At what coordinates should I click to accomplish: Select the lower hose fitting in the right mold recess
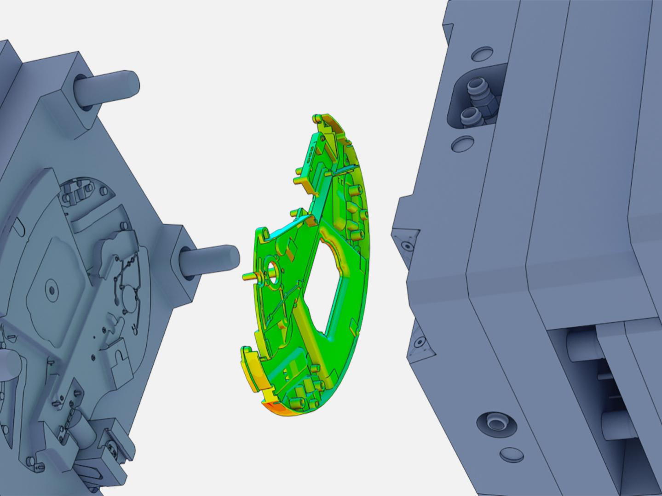point(470,115)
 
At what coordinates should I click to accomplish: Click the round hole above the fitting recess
point(481,54)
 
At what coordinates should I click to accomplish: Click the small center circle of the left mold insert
point(51,290)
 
